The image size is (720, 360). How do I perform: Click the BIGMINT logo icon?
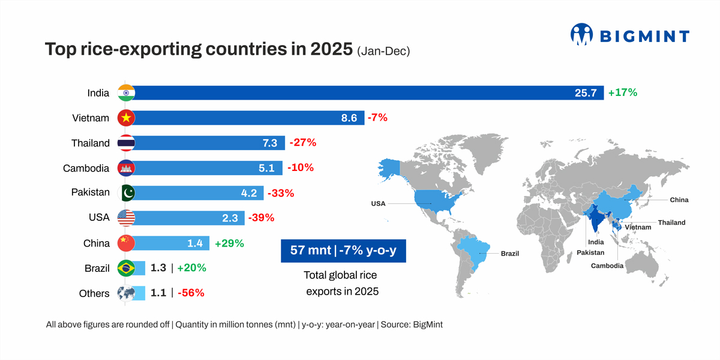pyautogui.click(x=582, y=35)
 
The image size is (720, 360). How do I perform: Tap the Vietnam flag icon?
pyautogui.click(x=126, y=118)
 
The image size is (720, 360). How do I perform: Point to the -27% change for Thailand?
pyautogui.click(x=302, y=143)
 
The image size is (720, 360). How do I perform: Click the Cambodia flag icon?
pyautogui.click(x=126, y=168)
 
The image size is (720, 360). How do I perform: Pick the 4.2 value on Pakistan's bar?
pyautogui.click(x=248, y=193)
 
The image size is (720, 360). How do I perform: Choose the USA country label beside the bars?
pyautogui.click(x=99, y=218)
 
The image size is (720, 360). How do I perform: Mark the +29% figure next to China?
pyautogui.click(x=229, y=243)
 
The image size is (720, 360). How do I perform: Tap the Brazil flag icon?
pyautogui.click(x=126, y=268)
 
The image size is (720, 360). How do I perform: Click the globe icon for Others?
pyautogui.click(x=126, y=293)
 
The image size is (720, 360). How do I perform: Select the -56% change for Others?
pyautogui.click(x=191, y=293)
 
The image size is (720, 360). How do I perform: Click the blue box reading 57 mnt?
pyautogui.click(x=343, y=250)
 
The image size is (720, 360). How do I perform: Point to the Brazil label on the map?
pyautogui.click(x=510, y=254)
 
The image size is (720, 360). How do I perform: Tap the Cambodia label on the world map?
pyautogui.click(x=607, y=266)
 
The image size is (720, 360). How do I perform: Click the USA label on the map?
pyautogui.click(x=378, y=203)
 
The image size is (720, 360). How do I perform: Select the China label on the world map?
pyautogui.click(x=679, y=200)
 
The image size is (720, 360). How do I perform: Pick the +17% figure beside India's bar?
pyautogui.click(x=622, y=93)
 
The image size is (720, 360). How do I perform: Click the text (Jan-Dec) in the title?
pyautogui.click(x=383, y=52)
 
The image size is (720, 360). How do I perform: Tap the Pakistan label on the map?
pyautogui.click(x=590, y=253)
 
